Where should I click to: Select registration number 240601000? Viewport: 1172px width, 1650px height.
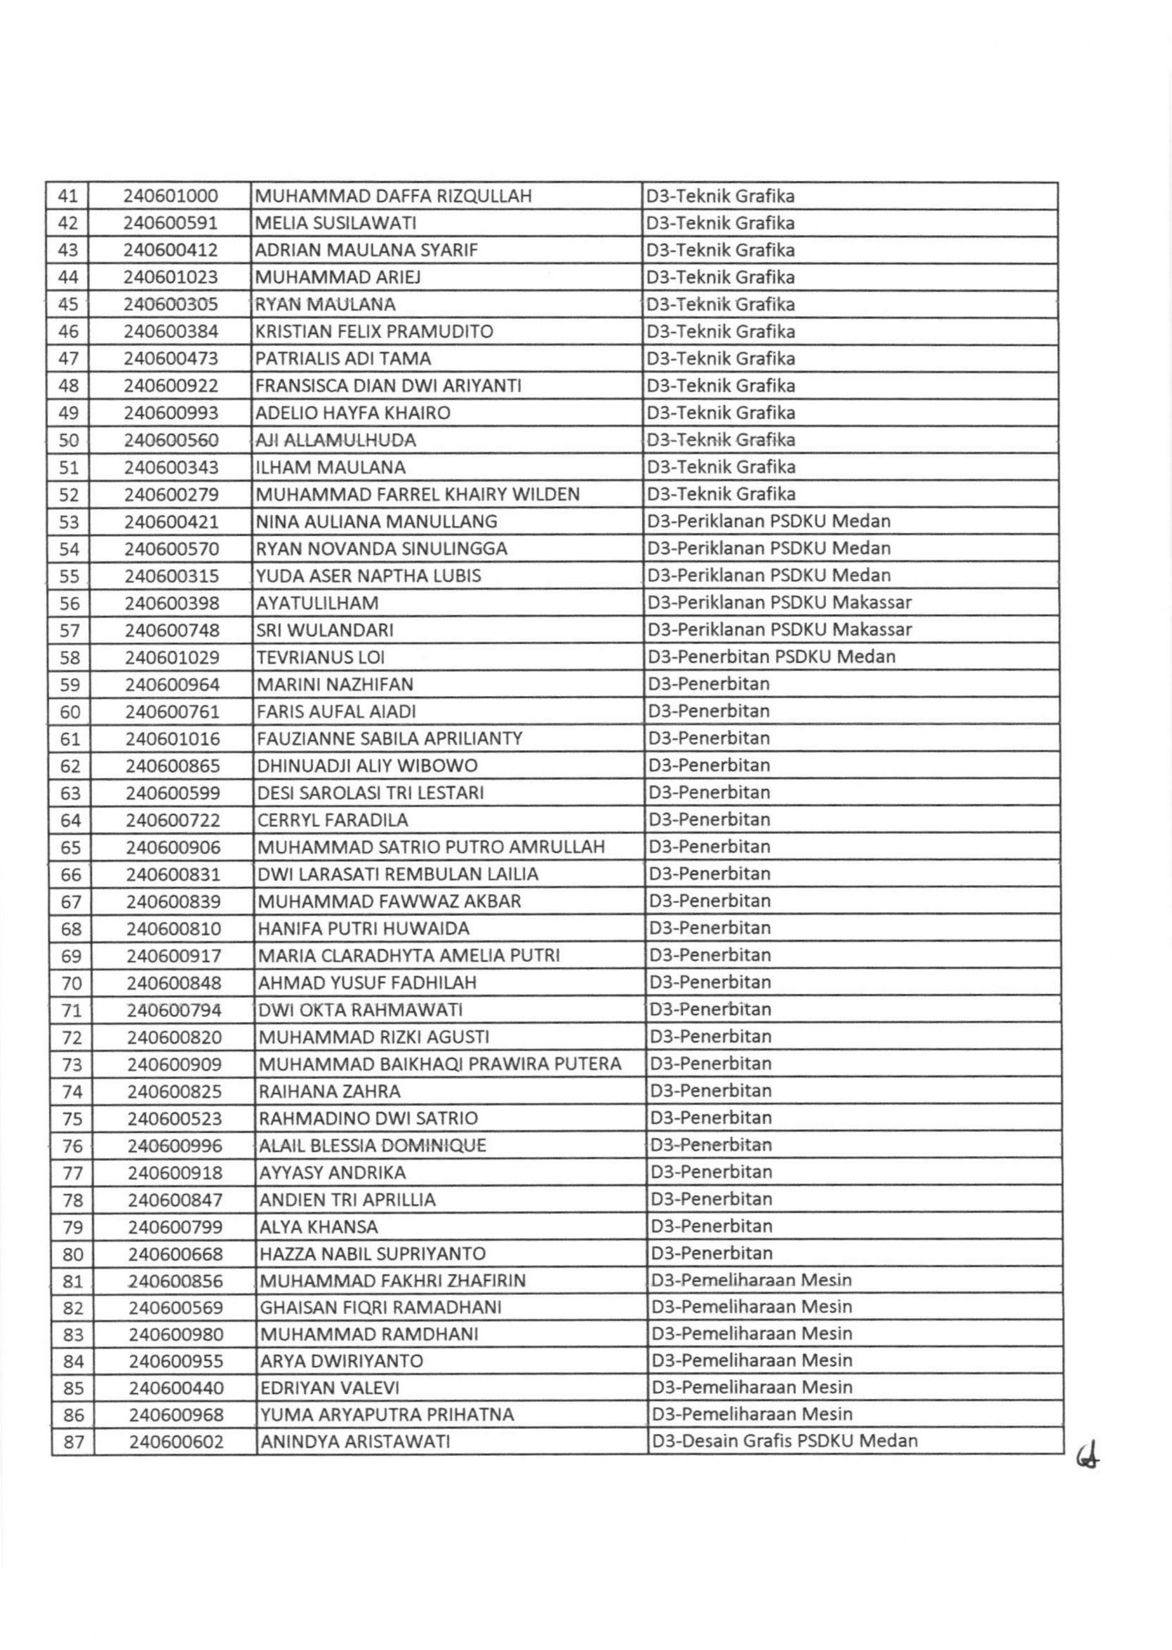[x=171, y=196]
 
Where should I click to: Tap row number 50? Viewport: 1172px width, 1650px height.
[x=68, y=440]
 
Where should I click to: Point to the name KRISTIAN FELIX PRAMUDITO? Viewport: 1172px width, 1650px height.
[x=375, y=331]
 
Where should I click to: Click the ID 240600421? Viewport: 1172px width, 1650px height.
[x=172, y=521]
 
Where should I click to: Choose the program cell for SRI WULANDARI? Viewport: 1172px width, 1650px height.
[x=779, y=630]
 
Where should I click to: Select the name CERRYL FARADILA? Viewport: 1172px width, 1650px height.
[x=333, y=820]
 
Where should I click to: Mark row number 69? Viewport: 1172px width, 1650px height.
[x=71, y=956]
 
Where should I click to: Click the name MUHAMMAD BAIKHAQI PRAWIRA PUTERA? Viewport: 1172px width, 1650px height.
[x=439, y=1063]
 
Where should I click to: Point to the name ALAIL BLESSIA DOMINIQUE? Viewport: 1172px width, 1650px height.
[x=372, y=1145]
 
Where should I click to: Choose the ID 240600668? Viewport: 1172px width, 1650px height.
[x=175, y=1254]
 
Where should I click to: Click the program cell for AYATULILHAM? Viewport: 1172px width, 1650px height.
[x=779, y=602]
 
